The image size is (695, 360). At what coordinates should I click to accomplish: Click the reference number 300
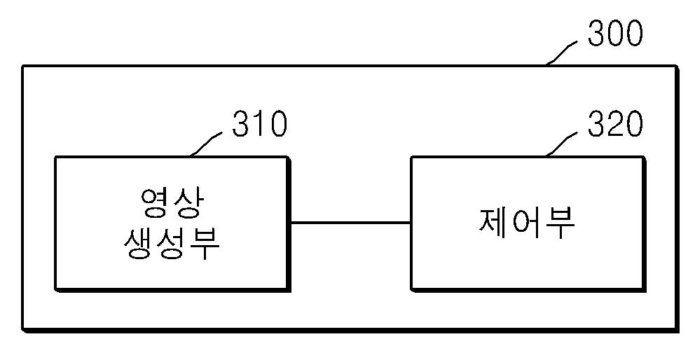(x=614, y=33)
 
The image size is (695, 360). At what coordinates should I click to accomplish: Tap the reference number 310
(x=259, y=125)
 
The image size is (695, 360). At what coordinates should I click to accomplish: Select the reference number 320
(x=614, y=125)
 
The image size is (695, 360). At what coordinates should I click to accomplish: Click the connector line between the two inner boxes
(x=350, y=223)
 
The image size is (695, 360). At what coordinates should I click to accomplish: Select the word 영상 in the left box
(x=172, y=203)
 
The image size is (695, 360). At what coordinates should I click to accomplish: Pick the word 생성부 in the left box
(x=172, y=244)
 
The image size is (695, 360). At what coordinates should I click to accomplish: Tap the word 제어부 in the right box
(x=527, y=223)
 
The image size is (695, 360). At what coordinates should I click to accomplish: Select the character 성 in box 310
(x=172, y=244)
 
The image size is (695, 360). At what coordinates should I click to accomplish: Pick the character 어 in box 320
(x=527, y=223)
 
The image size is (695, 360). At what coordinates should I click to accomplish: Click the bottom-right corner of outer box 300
(x=677, y=329)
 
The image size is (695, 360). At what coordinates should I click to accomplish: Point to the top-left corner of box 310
(x=55, y=158)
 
